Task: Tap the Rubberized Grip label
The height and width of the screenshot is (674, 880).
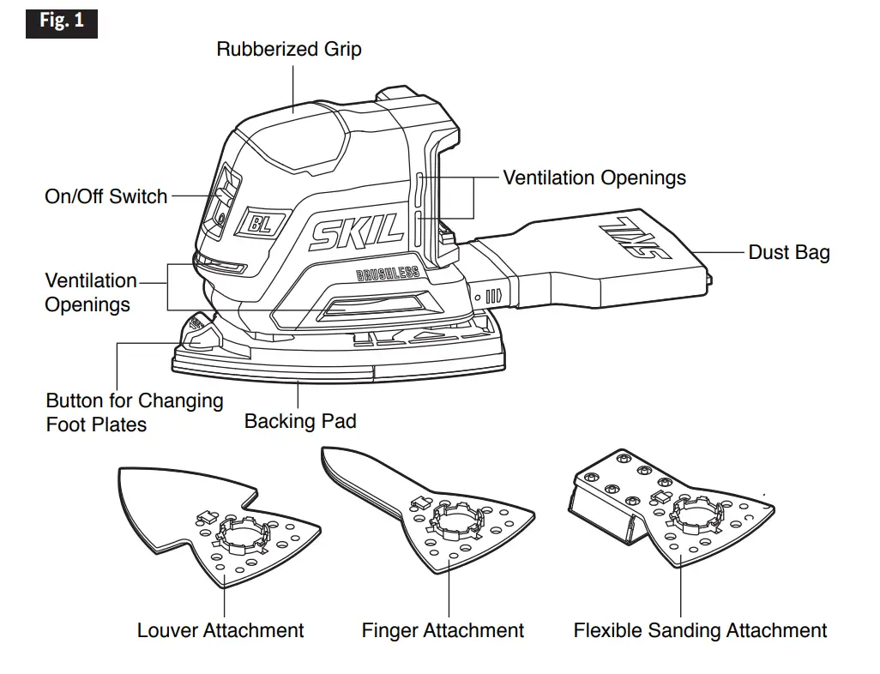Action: pos(288,50)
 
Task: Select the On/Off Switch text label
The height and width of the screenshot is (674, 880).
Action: pos(105,196)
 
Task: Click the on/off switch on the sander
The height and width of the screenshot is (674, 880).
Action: pos(221,196)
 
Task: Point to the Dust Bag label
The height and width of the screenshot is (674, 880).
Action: pos(788,252)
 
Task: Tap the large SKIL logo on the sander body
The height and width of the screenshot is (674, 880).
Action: pos(357,231)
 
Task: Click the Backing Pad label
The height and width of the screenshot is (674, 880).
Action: pos(299,421)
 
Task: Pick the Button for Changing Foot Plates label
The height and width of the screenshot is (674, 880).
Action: pos(134,412)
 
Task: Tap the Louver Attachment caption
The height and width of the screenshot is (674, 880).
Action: pos(220,630)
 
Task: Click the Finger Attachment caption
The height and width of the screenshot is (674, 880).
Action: pos(443,630)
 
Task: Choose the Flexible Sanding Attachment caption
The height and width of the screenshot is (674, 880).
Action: pos(700,630)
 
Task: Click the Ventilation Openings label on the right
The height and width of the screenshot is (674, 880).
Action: pos(594,178)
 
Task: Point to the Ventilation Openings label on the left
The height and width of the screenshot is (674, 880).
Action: pos(90,292)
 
